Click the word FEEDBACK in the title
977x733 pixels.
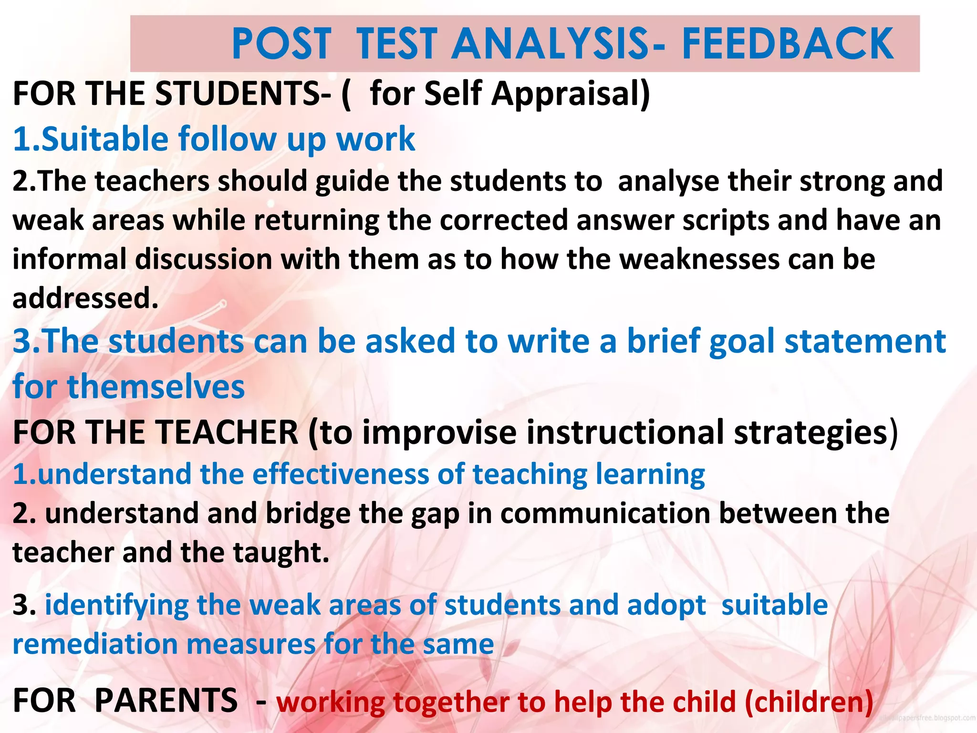tap(788, 44)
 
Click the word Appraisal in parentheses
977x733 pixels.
tap(571, 94)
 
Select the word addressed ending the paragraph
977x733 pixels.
tap(85, 299)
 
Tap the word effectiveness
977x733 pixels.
tap(341, 474)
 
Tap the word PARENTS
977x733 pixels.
tap(166, 701)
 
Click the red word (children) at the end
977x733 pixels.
tap(809, 702)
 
